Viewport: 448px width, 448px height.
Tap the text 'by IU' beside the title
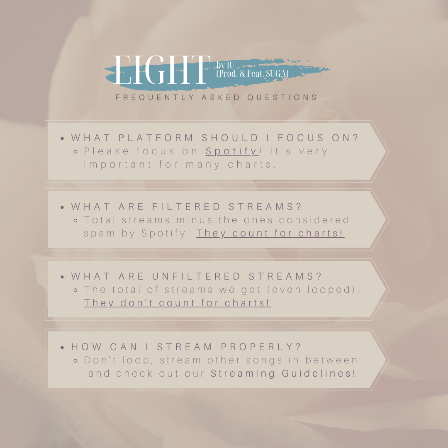225,65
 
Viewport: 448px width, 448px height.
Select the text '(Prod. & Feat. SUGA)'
252,74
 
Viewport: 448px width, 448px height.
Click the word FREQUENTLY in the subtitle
155,97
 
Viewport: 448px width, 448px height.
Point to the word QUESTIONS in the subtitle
282,97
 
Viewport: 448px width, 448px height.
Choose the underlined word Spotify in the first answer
232,151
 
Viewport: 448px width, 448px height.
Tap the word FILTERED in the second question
186,207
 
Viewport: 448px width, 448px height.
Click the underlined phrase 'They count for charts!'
270,234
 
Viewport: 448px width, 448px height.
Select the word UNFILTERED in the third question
196,276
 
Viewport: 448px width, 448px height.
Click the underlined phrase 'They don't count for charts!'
178,303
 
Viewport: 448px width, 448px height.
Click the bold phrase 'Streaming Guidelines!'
283,374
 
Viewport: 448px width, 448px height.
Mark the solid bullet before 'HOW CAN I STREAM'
62,348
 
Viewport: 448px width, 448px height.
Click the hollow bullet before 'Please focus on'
75,152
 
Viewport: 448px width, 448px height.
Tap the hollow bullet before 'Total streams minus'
75,221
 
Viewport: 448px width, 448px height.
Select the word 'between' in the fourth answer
331,360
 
